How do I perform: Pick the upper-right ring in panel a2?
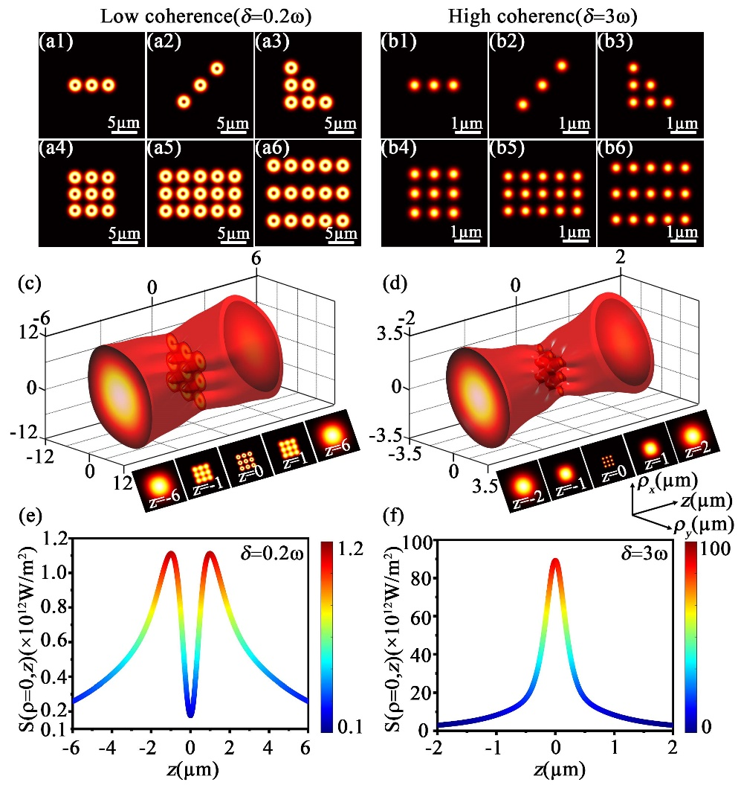pos(216,68)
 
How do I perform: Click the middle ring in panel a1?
pos(91,86)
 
